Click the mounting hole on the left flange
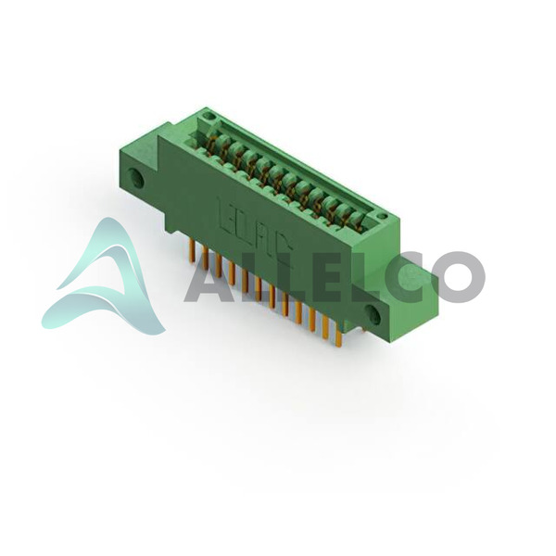coord(136,178)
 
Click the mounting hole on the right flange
coord(373,314)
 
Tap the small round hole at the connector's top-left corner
coord(210,117)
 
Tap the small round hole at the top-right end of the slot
coord(382,216)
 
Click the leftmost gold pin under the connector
coord(192,251)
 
